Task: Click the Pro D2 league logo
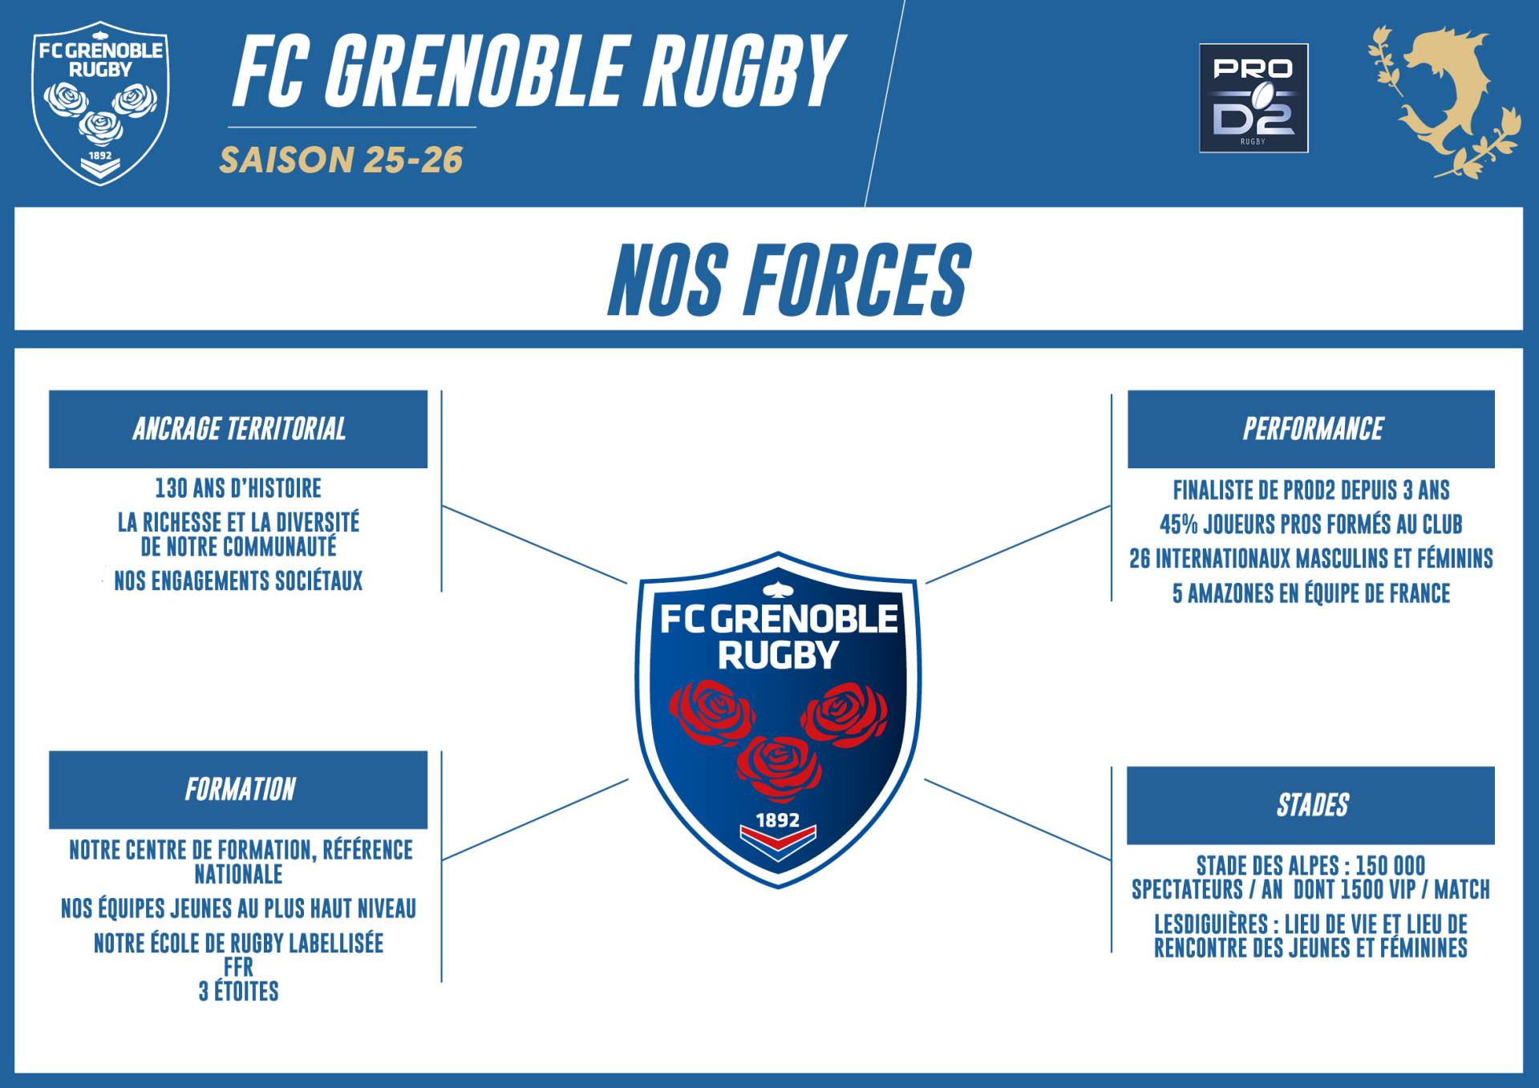click(x=1253, y=98)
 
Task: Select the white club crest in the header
click(x=100, y=103)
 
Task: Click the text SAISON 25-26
click(x=342, y=160)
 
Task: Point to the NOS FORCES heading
click(x=789, y=280)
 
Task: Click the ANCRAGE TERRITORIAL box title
click(x=239, y=429)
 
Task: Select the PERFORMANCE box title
click(x=1313, y=429)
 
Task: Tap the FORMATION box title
click(x=240, y=790)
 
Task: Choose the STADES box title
click(x=1313, y=805)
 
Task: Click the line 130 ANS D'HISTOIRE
click(x=238, y=488)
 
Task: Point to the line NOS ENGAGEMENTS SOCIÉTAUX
click(x=238, y=581)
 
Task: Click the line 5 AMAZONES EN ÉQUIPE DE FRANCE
click(x=1311, y=593)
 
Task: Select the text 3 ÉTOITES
click(x=239, y=992)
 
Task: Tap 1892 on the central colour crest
click(x=778, y=820)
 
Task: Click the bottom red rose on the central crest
click(x=779, y=768)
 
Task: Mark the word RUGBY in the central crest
click(x=778, y=655)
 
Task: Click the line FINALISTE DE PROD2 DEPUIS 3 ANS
click(x=1311, y=490)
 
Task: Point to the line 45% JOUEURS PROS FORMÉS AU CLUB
click(x=1311, y=524)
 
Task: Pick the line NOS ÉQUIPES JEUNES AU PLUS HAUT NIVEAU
click(x=239, y=908)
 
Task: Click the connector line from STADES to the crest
click(x=1018, y=819)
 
